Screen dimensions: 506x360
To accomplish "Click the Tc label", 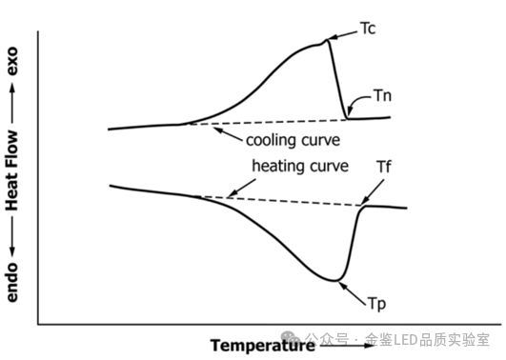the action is pyautogui.click(x=368, y=29).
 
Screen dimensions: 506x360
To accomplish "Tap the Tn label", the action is pyautogui.click(x=383, y=96).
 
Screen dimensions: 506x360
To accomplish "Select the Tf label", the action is pyautogui.click(x=384, y=167).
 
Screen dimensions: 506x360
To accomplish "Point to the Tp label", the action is pyautogui.click(x=377, y=304).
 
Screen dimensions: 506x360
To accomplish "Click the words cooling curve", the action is pyautogui.click(x=293, y=140).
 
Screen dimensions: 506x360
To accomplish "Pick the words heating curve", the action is pyautogui.click(x=300, y=166).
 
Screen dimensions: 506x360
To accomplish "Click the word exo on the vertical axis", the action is pyautogui.click(x=12, y=61).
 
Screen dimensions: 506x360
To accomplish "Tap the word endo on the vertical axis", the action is pyautogui.click(x=12, y=283).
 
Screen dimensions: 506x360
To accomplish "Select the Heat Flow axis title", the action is pyautogui.click(x=12, y=170).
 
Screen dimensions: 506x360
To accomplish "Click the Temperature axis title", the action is pyautogui.click(x=263, y=346).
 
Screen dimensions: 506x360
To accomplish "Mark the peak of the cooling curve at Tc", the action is pyautogui.click(x=327, y=40).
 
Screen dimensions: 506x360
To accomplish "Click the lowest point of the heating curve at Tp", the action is pyautogui.click(x=334, y=281).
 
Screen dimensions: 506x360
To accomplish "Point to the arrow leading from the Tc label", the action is pyautogui.click(x=343, y=35).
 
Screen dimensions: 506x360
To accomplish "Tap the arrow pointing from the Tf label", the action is pyautogui.click(x=373, y=192).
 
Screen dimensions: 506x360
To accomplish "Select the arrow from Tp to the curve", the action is pyautogui.click(x=353, y=293).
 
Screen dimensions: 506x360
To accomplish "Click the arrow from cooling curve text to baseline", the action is pyautogui.click(x=228, y=134).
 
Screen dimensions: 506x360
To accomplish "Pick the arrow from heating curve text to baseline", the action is pyautogui.click(x=241, y=188).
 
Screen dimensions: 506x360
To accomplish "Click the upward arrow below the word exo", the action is pyautogui.click(x=12, y=103).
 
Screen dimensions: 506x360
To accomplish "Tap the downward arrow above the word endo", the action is pyautogui.click(x=12, y=236).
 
